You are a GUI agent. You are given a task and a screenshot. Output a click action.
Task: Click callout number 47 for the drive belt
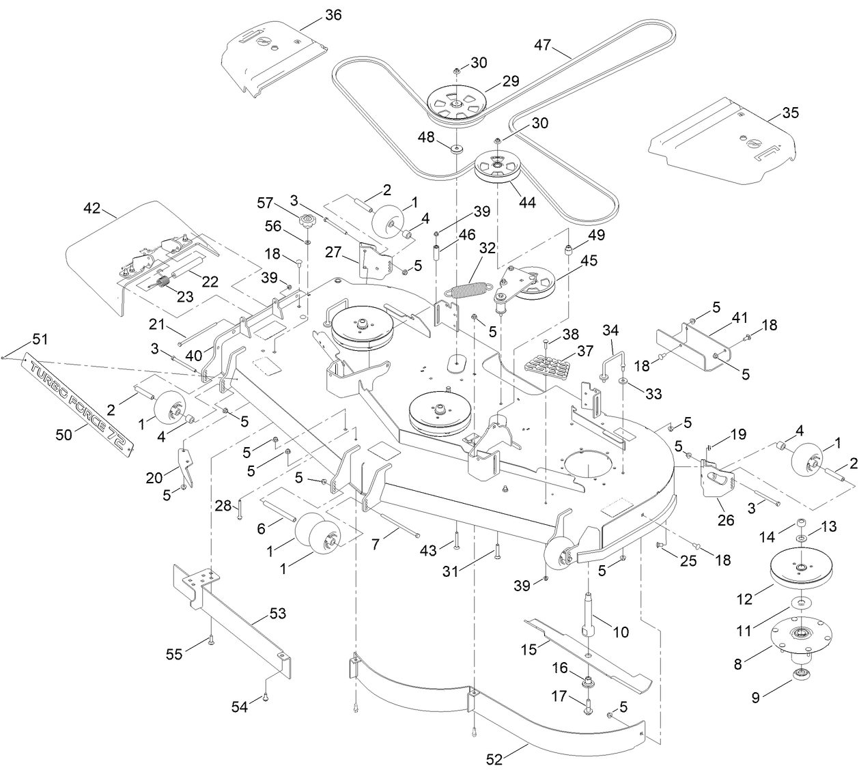click(543, 46)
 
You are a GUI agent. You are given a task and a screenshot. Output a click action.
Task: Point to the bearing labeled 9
click(798, 676)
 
